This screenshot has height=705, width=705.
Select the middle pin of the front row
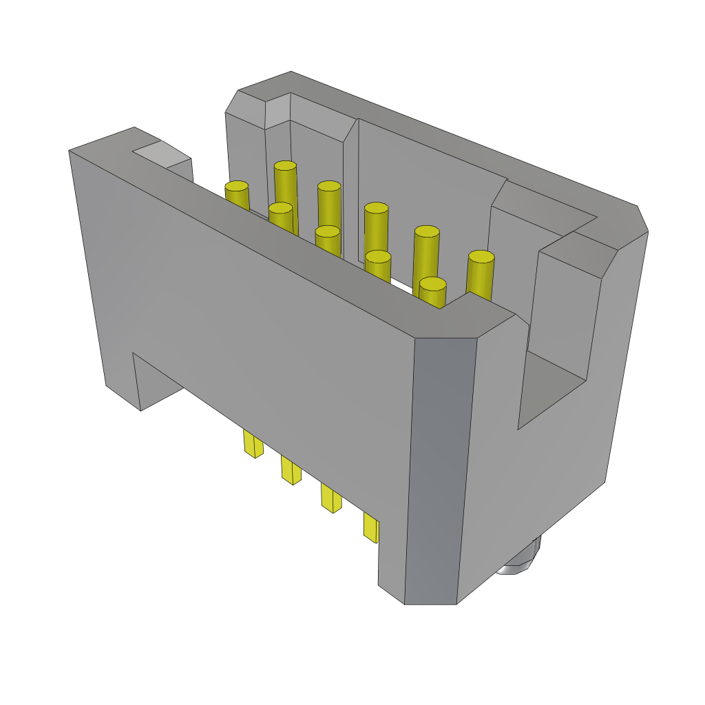point(328,232)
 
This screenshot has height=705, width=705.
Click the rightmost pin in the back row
point(481,257)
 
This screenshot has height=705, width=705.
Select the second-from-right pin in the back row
point(427,232)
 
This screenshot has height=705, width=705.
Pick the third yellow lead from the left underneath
point(331,498)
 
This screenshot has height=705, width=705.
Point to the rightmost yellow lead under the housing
point(370,527)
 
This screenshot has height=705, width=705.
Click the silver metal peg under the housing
point(521,560)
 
